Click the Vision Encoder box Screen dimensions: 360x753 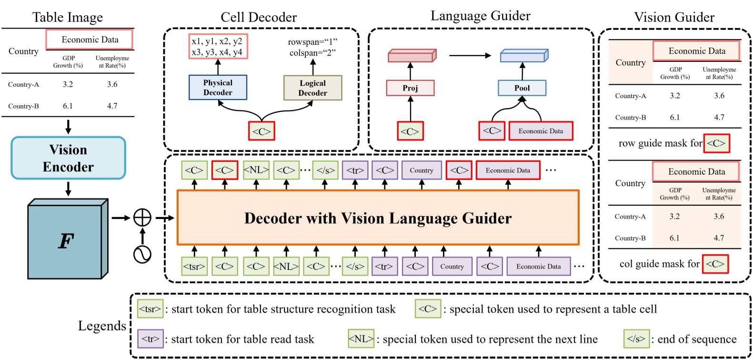click(68, 158)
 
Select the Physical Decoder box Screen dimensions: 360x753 click(218, 88)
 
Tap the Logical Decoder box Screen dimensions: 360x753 click(312, 88)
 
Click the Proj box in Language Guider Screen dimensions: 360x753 click(410, 88)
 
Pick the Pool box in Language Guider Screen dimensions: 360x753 click(522, 88)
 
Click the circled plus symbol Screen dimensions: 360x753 click(142, 218)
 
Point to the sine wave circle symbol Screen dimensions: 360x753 click(142, 254)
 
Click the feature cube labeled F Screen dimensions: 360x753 click(66, 241)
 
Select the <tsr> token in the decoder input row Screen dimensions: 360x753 click(194, 267)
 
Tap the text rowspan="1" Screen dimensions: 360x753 click(312, 42)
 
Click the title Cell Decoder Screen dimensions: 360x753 click(259, 18)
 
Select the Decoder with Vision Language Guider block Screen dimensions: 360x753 click(378, 218)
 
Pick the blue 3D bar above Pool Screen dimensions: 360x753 click(524, 56)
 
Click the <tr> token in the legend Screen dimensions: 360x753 click(150, 339)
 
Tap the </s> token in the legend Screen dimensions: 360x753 click(636, 339)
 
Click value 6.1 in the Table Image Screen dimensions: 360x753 click(68, 106)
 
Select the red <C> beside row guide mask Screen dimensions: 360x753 click(716, 143)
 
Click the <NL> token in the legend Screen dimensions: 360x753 click(361, 339)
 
